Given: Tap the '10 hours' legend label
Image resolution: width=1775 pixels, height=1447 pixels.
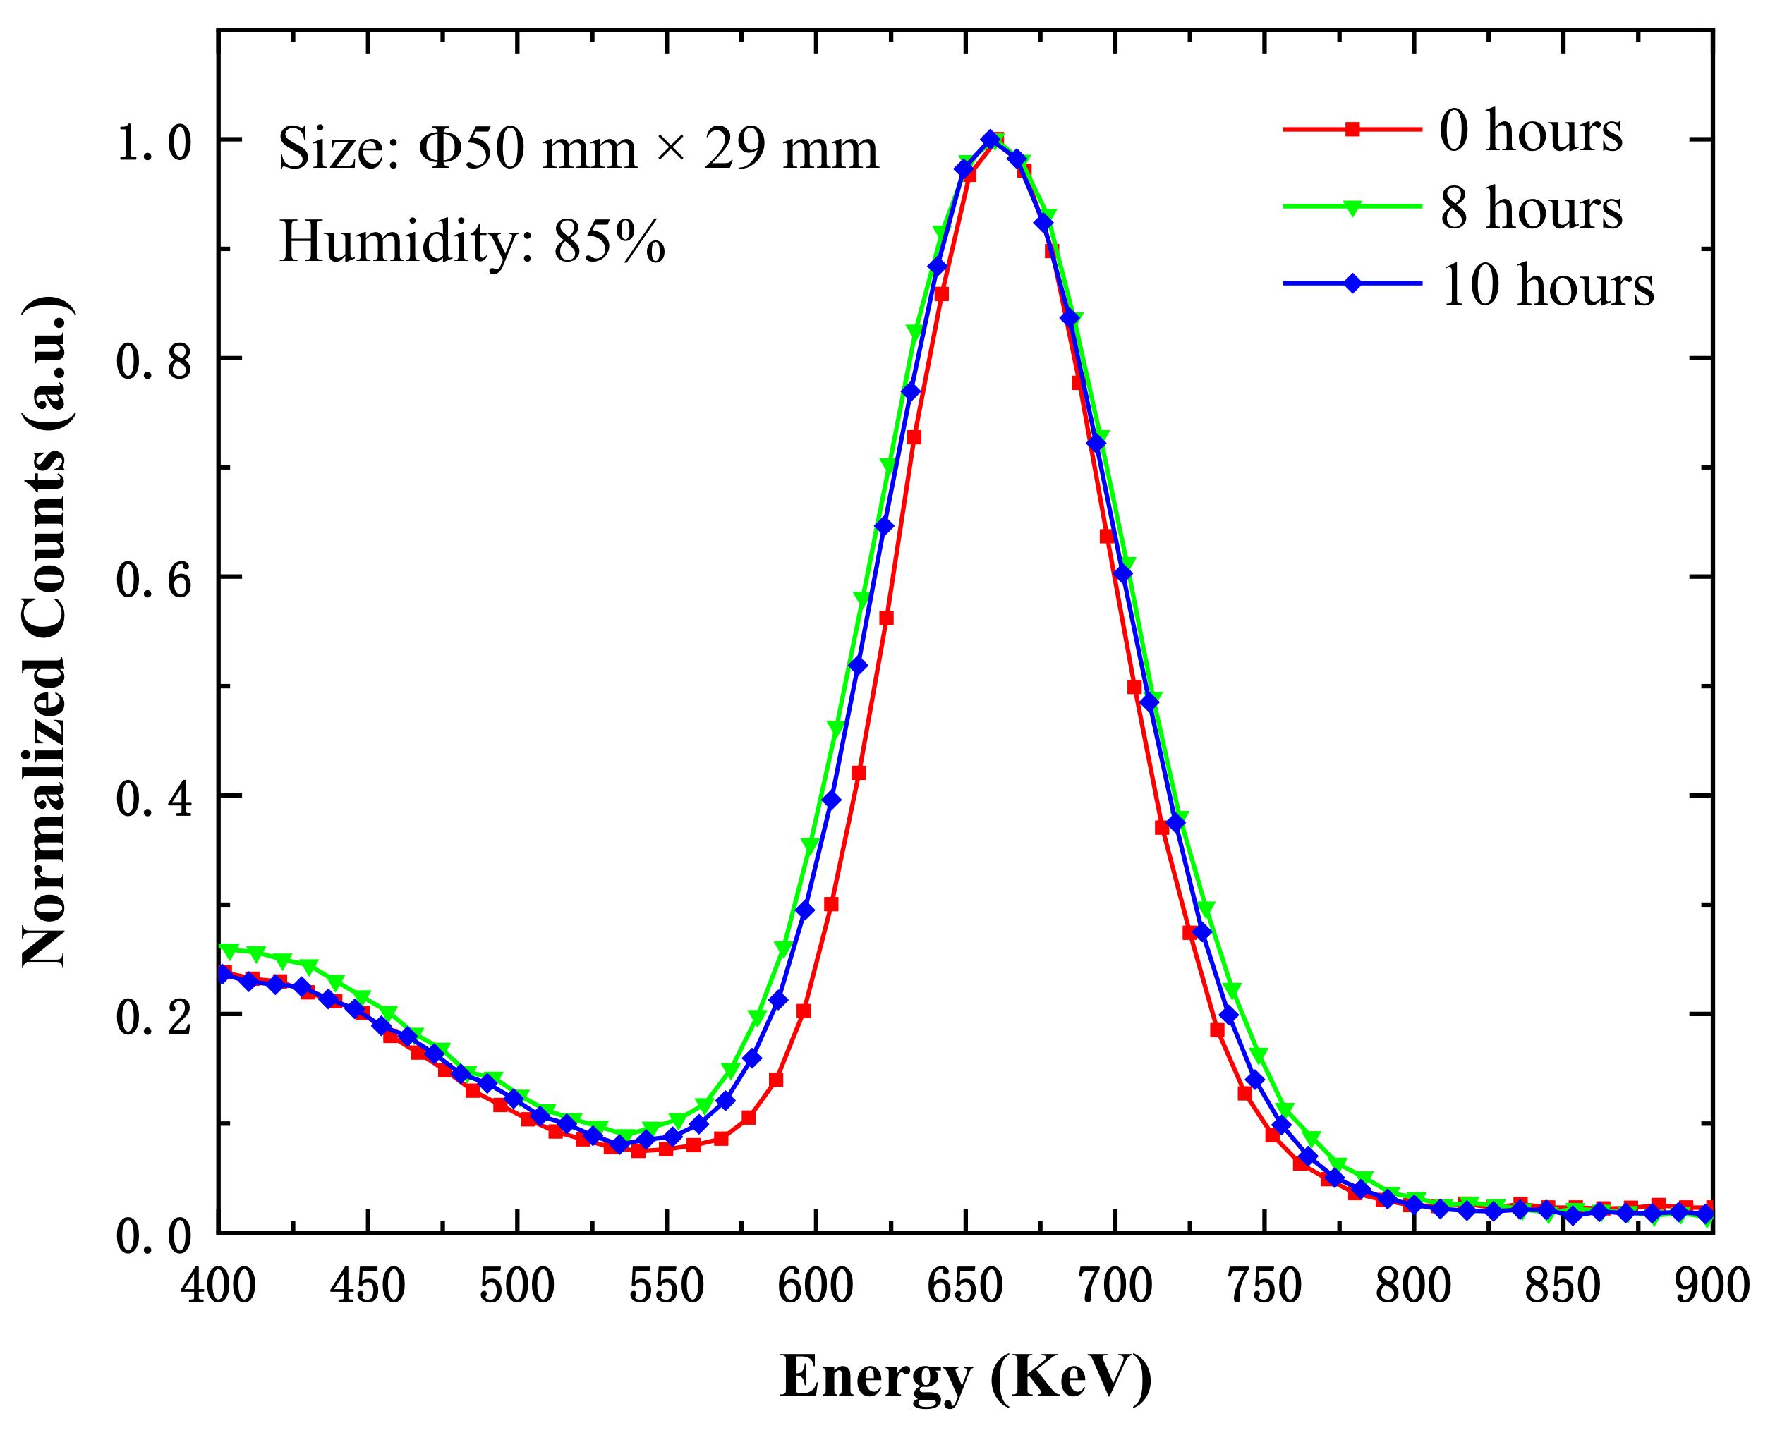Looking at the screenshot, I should click(1546, 285).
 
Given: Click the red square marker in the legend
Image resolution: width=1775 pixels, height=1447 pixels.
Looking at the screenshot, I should click(1352, 128).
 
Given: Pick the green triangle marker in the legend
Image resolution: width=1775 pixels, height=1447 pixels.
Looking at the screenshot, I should click(1352, 207).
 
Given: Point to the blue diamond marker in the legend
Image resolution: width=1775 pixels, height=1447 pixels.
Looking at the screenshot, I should click(1352, 283).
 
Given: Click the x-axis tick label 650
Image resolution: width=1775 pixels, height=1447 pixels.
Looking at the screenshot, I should click(964, 1286).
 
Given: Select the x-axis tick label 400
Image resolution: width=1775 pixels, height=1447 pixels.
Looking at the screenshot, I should click(219, 1286).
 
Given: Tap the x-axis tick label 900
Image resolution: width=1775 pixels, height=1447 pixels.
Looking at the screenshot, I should click(1711, 1286).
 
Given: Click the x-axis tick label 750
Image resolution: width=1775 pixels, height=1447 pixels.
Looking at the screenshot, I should click(1264, 1286).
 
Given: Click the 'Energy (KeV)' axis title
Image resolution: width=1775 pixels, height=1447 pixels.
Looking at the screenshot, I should click(965, 1377).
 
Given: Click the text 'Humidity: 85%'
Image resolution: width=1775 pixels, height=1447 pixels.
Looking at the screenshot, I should click(472, 242).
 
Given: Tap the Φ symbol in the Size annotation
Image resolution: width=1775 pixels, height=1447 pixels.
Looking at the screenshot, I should click(436, 149).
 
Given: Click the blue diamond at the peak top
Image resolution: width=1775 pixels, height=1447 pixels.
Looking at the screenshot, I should click(990, 139).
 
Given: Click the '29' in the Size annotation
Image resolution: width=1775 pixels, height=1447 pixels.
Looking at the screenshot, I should click(734, 149).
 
